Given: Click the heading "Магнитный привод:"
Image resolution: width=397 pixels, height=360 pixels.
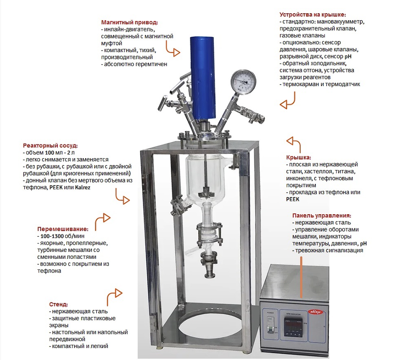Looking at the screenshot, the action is click(129, 22).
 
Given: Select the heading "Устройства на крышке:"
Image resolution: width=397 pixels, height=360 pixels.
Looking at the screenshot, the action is click(313, 15).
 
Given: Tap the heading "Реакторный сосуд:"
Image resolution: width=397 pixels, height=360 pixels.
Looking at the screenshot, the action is click(50, 146).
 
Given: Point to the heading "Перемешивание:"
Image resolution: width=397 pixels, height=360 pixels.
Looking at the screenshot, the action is click(63, 229).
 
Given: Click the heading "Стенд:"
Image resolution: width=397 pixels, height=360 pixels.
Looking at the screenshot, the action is click(58, 304).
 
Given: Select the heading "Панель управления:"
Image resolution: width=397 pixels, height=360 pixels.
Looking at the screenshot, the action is click(322, 216).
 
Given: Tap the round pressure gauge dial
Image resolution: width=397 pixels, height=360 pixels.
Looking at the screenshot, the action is click(243, 82).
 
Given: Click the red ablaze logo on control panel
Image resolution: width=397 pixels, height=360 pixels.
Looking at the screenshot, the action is click(315, 312).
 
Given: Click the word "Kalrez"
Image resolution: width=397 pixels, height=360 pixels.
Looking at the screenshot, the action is click(83, 187).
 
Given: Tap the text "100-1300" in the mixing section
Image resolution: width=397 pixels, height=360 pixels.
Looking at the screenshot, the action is click(52, 236).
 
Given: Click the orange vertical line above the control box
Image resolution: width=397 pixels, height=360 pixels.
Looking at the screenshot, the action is click(301, 277).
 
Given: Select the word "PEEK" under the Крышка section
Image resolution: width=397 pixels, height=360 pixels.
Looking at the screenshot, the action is click(293, 199).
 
